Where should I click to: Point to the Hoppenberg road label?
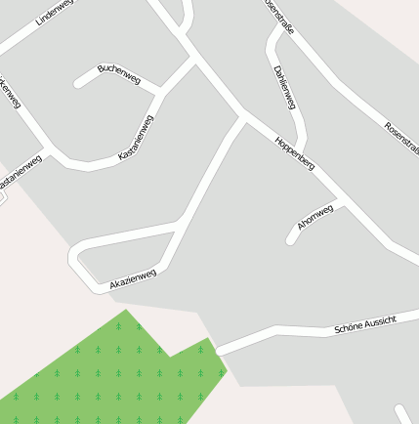(294, 154)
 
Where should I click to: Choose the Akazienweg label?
(133, 278)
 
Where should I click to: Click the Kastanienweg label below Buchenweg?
(136, 138)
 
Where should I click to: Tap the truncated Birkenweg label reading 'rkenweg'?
(9, 93)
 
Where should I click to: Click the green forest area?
(117, 376)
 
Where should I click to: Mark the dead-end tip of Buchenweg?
(78, 84)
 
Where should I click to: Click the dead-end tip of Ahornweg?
(291, 240)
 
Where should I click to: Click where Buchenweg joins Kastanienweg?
(159, 91)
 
